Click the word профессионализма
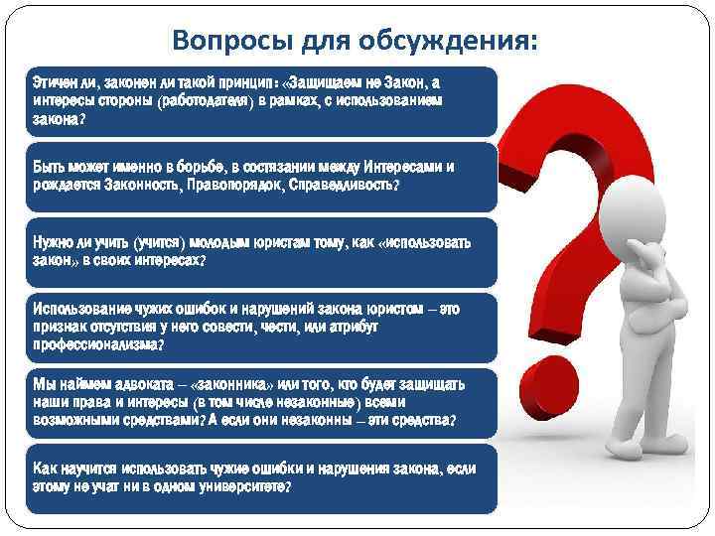click(x=94, y=344)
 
